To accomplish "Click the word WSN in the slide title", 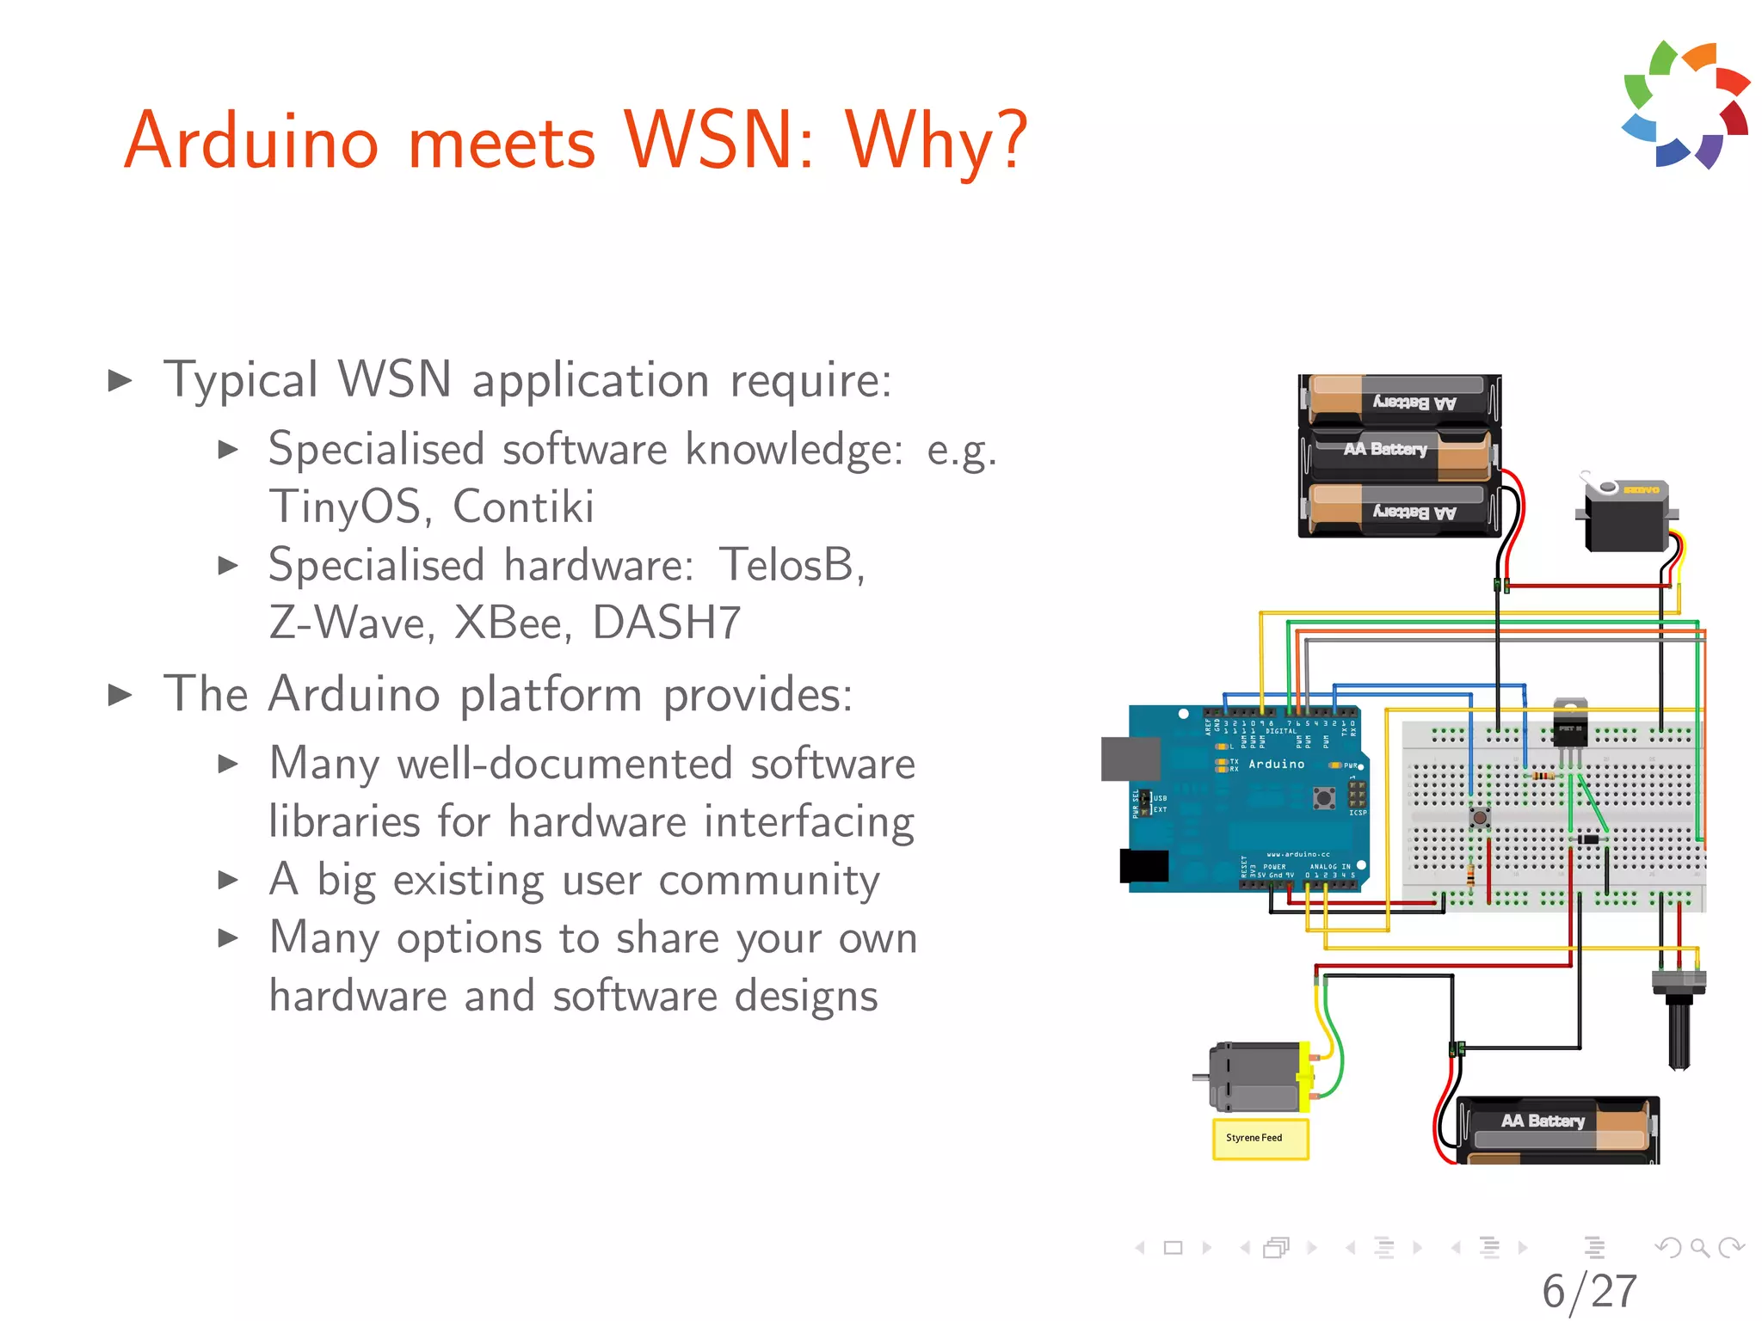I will pos(718,141).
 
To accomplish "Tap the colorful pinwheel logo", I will pos(1685,104).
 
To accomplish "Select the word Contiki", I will pos(523,507).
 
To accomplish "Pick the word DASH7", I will pos(667,623).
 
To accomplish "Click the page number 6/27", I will pos(1589,1291).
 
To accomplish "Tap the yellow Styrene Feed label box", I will pos(1260,1139).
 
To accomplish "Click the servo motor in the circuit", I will pos(1625,519).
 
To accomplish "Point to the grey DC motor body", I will pos(1254,1077).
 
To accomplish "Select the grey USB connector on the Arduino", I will pos(1131,759).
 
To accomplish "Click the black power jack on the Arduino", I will pos(1143,866).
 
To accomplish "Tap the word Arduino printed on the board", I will pos(1276,765).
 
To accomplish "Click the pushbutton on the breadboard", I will pos(1480,817).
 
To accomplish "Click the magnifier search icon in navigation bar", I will pos(1699,1247).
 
